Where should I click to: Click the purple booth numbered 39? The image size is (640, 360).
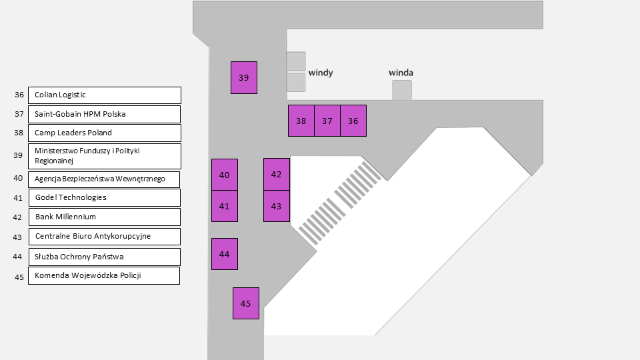coord(243,77)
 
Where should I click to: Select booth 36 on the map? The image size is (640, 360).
coord(353,121)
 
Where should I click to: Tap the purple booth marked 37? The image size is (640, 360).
coord(327,121)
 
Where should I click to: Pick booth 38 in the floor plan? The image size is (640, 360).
coord(301,121)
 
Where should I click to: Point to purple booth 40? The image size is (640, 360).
coord(224,175)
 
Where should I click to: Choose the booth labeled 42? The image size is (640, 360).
coord(277,174)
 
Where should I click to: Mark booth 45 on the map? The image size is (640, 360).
coord(245,303)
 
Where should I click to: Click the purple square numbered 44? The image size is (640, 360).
coord(224,254)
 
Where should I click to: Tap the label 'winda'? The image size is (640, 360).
coord(401,72)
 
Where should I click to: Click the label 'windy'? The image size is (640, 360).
coord(321,72)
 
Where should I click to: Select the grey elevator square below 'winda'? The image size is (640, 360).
coord(401,90)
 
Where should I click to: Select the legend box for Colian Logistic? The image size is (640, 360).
coord(104,95)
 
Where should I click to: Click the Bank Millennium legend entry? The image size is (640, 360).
coord(104,217)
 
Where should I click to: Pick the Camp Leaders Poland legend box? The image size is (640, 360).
coord(104,133)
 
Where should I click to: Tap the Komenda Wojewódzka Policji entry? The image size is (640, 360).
coord(104,275)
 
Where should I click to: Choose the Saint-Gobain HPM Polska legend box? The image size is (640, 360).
coord(104,114)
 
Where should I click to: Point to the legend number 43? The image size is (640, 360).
coord(18,237)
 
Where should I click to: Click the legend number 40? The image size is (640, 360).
coord(18,178)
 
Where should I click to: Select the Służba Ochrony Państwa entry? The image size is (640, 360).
coord(104,257)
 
